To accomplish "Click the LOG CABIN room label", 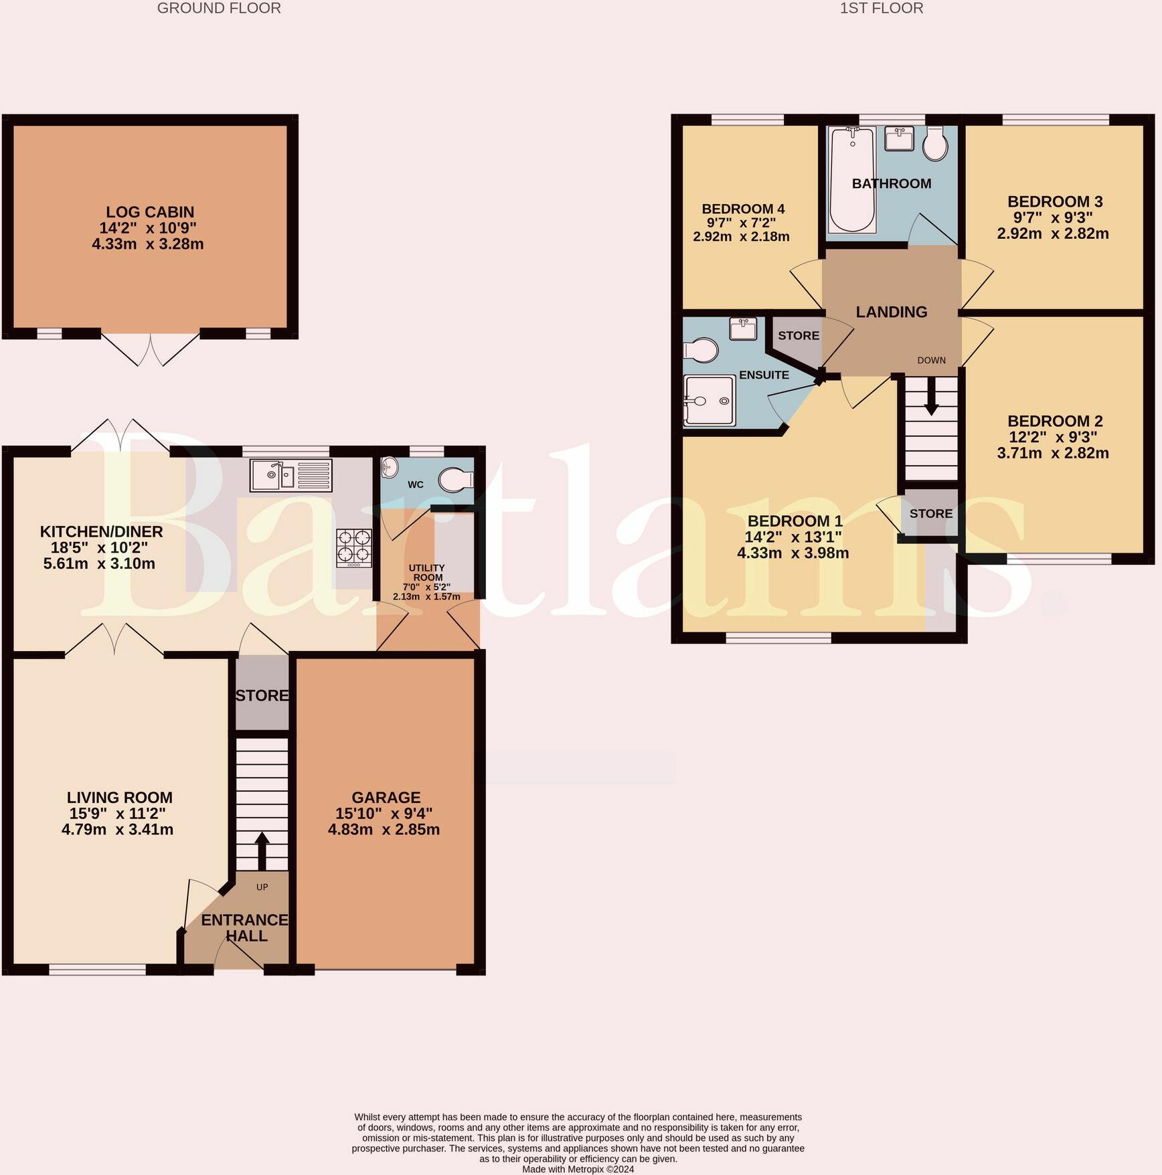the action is pos(150,212).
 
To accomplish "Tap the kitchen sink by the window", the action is pos(291,475).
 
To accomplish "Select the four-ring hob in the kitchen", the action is pos(353,548).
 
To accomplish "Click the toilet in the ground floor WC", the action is pos(456,480).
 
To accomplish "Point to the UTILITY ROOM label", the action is pos(427,573).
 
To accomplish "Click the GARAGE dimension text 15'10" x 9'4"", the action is pos(384,814).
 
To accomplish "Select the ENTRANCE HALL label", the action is pos(245,928).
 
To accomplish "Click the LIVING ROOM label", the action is pos(120,798).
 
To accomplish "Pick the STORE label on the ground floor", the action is pos(262,695).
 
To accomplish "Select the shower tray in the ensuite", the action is pos(710,400).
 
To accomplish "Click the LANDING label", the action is pos(892,312).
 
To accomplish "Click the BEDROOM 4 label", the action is pos(743,209).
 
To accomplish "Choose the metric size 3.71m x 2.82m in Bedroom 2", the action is pos(1053,453).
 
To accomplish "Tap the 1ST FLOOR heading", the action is pos(882,8).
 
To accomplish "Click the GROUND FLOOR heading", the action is pos(219,8).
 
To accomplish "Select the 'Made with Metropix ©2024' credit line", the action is pos(578,1170).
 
